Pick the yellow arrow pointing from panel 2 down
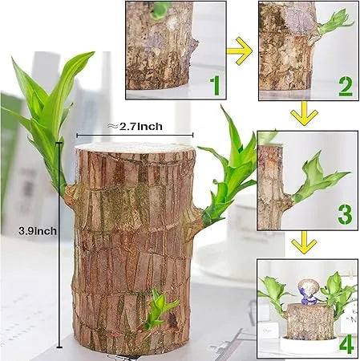coord(304,114)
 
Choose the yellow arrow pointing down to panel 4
coord(304,242)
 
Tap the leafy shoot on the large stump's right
coord(229,176)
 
